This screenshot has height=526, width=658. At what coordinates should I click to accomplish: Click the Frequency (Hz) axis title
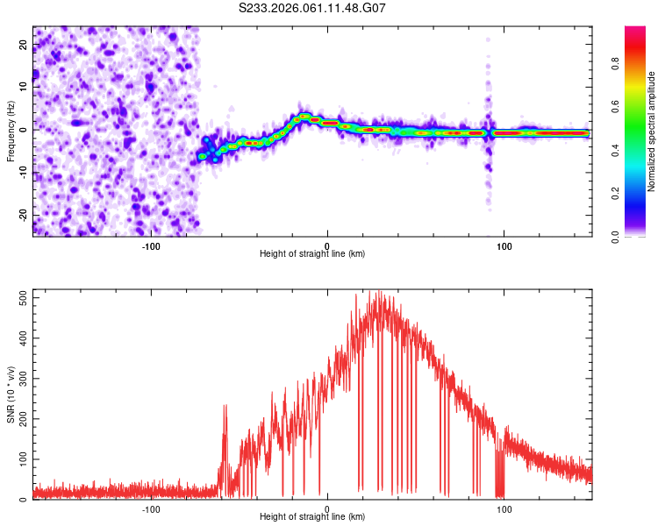[11, 131]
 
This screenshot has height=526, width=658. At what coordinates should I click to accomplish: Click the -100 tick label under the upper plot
[151, 245]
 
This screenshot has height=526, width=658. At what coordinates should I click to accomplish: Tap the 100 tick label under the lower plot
[504, 508]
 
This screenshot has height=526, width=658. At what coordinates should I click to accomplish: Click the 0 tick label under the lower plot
[327, 508]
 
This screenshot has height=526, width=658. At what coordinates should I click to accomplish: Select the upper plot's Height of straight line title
[312, 254]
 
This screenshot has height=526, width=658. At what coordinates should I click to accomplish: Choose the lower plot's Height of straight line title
[312, 517]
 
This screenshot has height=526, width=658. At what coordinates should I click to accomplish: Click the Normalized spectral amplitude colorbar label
[652, 131]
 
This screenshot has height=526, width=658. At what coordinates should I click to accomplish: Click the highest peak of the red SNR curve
[380, 292]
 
